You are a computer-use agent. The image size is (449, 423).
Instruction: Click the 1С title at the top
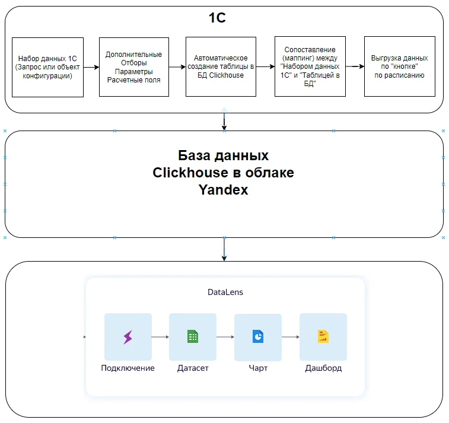click(217, 18)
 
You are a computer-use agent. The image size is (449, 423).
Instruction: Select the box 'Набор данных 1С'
click(48, 67)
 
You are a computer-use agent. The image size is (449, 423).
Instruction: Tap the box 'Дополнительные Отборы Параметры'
click(134, 67)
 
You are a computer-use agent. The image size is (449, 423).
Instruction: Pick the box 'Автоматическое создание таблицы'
click(221, 66)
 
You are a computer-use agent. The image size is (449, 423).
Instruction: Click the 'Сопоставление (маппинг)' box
click(310, 66)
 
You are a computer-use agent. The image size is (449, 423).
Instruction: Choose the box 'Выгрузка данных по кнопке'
click(400, 66)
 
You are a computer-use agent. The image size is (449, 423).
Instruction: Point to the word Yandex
click(224, 190)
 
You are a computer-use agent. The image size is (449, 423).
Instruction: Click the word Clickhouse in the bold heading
click(190, 173)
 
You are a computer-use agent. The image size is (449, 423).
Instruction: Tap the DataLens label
click(225, 292)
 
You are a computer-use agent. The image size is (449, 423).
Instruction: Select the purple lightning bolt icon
click(128, 337)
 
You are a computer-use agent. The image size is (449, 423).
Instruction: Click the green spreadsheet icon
click(193, 336)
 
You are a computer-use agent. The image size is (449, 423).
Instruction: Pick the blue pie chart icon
click(258, 336)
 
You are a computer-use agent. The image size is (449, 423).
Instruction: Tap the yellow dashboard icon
click(323, 336)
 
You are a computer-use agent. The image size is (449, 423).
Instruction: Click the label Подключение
click(128, 368)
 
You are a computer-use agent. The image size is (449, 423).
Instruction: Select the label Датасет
click(193, 368)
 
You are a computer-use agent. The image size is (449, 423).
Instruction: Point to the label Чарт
click(258, 368)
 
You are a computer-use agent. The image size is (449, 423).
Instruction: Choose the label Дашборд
click(323, 368)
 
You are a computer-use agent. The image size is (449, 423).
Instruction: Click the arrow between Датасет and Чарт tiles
click(225, 337)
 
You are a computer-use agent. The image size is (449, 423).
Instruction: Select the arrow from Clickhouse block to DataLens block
click(224, 249)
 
